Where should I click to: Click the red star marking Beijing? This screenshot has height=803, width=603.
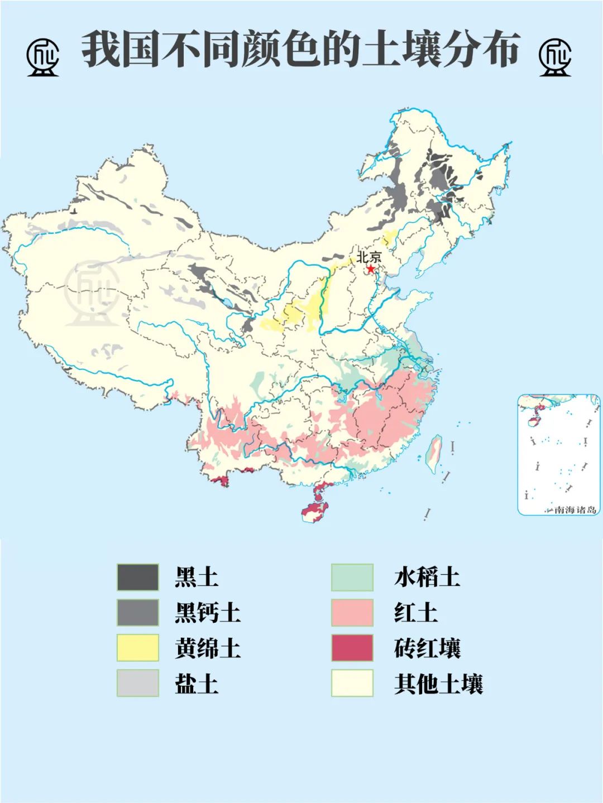pyautogui.click(x=370, y=268)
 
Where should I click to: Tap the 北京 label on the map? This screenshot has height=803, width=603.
pyautogui.click(x=368, y=257)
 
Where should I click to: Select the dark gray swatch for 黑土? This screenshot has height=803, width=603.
pyautogui.click(x=138, y=577)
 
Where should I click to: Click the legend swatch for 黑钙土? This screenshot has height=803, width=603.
pyautogui.click(x=138, y=612)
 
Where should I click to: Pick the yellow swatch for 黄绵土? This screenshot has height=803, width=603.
pyautogui.click(x=138, y=648)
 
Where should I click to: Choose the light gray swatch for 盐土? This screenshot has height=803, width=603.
pyautogui.click(x=138, y=683)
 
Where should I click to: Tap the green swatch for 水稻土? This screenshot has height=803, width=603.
pyautogui.click(x=352, y=577)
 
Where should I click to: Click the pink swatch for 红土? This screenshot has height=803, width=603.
pyautogui.click(x=352, y=612)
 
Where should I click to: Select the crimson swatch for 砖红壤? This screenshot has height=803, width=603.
pyautogui.click(x=352, y=648)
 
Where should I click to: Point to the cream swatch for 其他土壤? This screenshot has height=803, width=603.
pyautogui.click(x=352, y=683)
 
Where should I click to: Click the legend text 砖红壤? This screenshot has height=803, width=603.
pyautogui.click(x=427, y=648)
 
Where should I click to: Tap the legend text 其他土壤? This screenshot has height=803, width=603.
pyautogui.click(x=438, y=683)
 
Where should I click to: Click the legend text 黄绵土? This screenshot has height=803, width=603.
pyautogui.click(x=207, y=648)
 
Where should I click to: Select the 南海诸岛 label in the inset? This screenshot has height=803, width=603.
pyautogui.click(x=575, y=509)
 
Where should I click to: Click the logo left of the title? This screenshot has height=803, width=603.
pyautogui.click(x=42, y=56)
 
